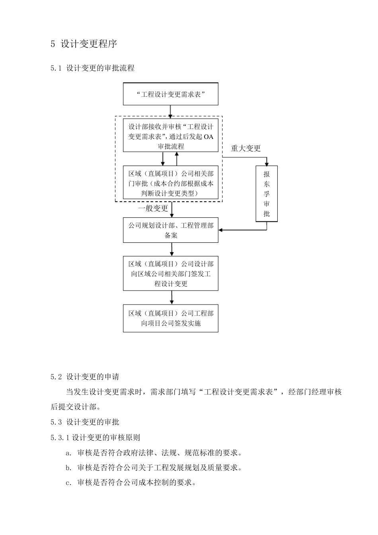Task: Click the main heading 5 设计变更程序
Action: pos(84,44)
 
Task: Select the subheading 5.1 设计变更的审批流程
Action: pos(92,68)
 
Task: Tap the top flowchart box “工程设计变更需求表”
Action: pos(170,94)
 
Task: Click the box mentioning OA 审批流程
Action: pos(170,136)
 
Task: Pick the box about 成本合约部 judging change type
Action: pos(170,183)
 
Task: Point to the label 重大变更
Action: pos(246,148)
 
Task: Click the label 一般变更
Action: pos(153,209)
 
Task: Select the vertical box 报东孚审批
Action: pos(266,193)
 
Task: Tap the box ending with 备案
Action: pos(170,230)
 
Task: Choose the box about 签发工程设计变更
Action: pos(170,273)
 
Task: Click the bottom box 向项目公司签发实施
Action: pos(170,318)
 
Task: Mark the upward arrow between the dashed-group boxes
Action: pos(177,159)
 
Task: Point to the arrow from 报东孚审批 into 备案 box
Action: pos(243,230)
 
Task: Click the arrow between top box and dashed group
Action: pos(170,111)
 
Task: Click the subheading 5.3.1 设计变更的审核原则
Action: pos(95,437)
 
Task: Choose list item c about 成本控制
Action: pos(131,483)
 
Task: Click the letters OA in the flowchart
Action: pos(208,137)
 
